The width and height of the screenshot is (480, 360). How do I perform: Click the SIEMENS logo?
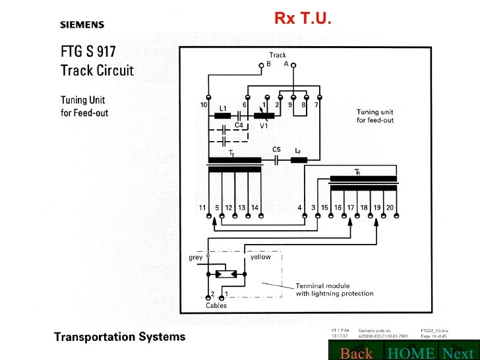pos(82,25)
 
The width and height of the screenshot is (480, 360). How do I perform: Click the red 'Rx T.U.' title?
pos(303,18)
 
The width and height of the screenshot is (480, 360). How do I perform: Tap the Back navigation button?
pos(356,353)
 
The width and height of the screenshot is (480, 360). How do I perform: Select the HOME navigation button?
pos(411,353)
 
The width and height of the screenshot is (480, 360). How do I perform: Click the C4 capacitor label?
pos(239,124)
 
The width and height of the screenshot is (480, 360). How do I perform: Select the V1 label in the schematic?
pos(264,125)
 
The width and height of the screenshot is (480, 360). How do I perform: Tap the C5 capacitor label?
pos(276,150)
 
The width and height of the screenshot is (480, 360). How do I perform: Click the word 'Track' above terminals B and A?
pos(278,55)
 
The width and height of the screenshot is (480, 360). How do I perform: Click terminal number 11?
pos(203,208)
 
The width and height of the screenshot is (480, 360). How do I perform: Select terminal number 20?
pos(390,208)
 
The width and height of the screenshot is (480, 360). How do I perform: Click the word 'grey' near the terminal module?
pos(195,258)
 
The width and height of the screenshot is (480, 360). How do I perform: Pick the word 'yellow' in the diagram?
pos(260,258)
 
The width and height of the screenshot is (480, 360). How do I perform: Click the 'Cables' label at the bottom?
pos(216,306)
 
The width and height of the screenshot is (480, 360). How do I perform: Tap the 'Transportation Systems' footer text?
pos(119,337)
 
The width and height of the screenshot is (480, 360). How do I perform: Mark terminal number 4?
pos(299,208)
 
